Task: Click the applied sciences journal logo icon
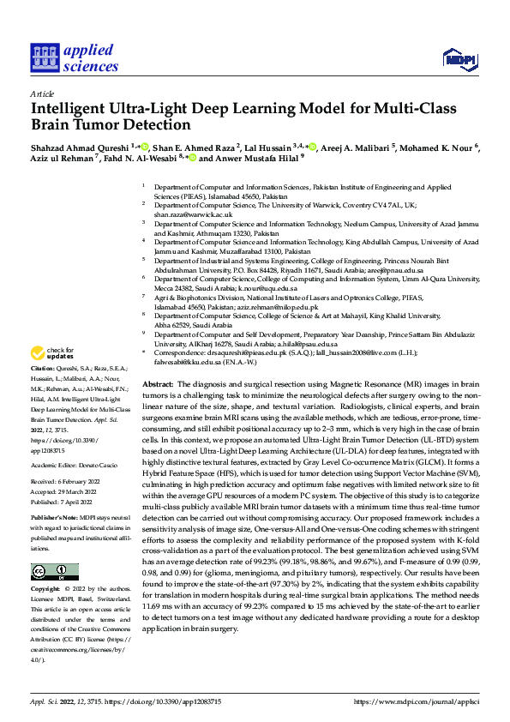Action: tap(45, 57)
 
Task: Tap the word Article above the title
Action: tap(41, 93)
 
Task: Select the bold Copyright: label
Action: tap(46, 591)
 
